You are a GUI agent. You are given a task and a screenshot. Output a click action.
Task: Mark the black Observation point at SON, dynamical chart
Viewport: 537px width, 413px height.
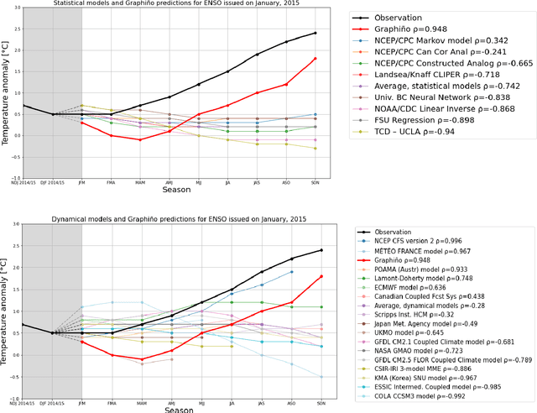coord(321,250)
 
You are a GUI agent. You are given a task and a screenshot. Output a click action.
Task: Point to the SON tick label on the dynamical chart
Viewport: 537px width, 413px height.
coord(321,403)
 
